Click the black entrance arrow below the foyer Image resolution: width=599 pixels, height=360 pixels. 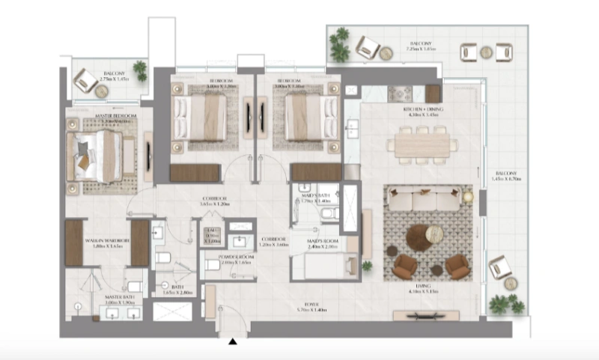click(x=234, y=343)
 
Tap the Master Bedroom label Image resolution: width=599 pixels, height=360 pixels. click(x=109, y=116)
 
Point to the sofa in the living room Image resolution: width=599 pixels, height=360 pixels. click(x=426, y=201)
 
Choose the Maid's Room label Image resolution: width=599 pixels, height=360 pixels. click(x=323, y=243)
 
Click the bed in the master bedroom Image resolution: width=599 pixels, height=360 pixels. click(x=94, y=156)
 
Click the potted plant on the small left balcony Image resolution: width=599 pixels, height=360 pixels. click(x=140, y=70)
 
